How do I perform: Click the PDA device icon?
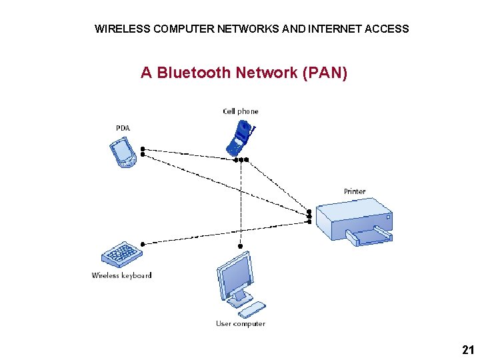click(123, 152)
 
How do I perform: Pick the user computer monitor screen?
click(234, 277)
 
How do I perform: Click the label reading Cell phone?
click(240, 111)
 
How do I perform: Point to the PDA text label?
click(123, 128)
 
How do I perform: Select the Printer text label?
click(355, 191)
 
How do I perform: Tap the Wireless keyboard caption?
click(121, 275)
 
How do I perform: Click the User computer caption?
click(240, 323)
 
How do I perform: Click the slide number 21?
click(467, 349)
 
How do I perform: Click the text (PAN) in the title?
click(325, 73)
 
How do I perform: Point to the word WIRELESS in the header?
click(122, 29)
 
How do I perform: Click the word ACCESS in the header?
click(387, 29)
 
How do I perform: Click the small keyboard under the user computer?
click(252, 309)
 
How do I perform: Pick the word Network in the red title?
click(266, 73)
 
